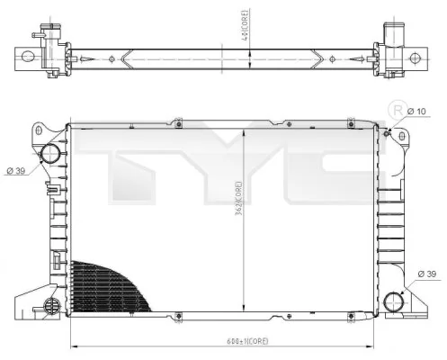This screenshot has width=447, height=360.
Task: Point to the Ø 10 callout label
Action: [x=416, y=111]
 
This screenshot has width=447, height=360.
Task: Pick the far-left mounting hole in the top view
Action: [x=27, y=58]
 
